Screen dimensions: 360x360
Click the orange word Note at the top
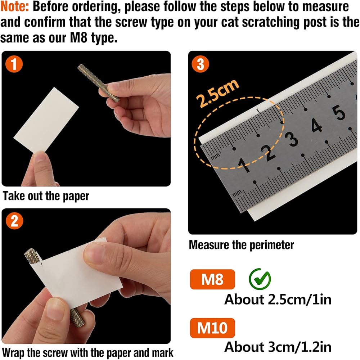14,6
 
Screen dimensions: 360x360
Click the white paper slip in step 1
46,120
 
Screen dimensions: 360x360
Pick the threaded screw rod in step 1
98,83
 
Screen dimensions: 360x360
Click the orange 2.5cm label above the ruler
218,93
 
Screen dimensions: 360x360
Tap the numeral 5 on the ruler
339,113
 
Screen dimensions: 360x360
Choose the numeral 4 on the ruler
316,126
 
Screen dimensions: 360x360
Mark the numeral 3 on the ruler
292,139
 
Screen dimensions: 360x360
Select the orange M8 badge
212,279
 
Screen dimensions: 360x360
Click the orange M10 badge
212,328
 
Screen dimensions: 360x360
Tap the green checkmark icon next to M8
260,279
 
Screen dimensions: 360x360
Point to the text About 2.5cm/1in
278,300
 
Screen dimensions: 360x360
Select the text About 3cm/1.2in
278,347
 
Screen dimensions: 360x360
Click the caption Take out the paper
46,196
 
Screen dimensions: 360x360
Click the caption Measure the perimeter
241,245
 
